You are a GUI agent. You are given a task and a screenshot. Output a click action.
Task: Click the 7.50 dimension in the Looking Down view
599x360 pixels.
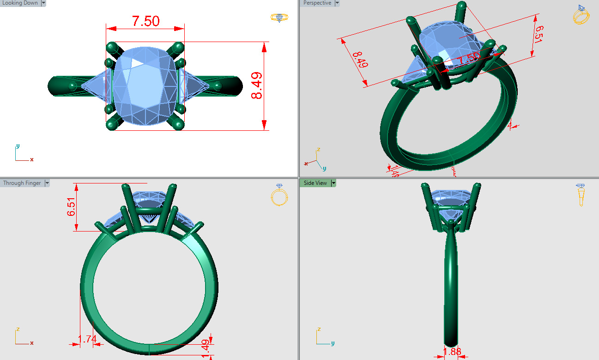145,21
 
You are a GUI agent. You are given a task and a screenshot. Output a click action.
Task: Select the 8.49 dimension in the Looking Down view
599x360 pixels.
256,85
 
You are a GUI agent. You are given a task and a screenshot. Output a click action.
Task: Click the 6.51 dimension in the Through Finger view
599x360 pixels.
71,207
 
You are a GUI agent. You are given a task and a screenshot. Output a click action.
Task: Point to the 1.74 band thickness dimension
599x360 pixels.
87,340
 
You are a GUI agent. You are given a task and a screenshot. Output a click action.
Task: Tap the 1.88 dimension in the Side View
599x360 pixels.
452,352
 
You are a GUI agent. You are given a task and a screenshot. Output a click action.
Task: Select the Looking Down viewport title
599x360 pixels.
20,3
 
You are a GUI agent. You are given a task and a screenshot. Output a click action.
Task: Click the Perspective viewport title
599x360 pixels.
317,3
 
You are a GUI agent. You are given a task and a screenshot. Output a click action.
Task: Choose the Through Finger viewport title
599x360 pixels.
22,183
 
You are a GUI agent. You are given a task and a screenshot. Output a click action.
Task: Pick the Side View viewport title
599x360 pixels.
315,183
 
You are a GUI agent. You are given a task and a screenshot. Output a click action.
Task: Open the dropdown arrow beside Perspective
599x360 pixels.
337,3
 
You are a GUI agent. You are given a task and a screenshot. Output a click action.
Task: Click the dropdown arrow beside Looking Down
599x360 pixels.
43,3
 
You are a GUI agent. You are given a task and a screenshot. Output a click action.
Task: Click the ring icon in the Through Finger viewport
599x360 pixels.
279,195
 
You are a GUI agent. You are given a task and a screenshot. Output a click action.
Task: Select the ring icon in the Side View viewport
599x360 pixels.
581,195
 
